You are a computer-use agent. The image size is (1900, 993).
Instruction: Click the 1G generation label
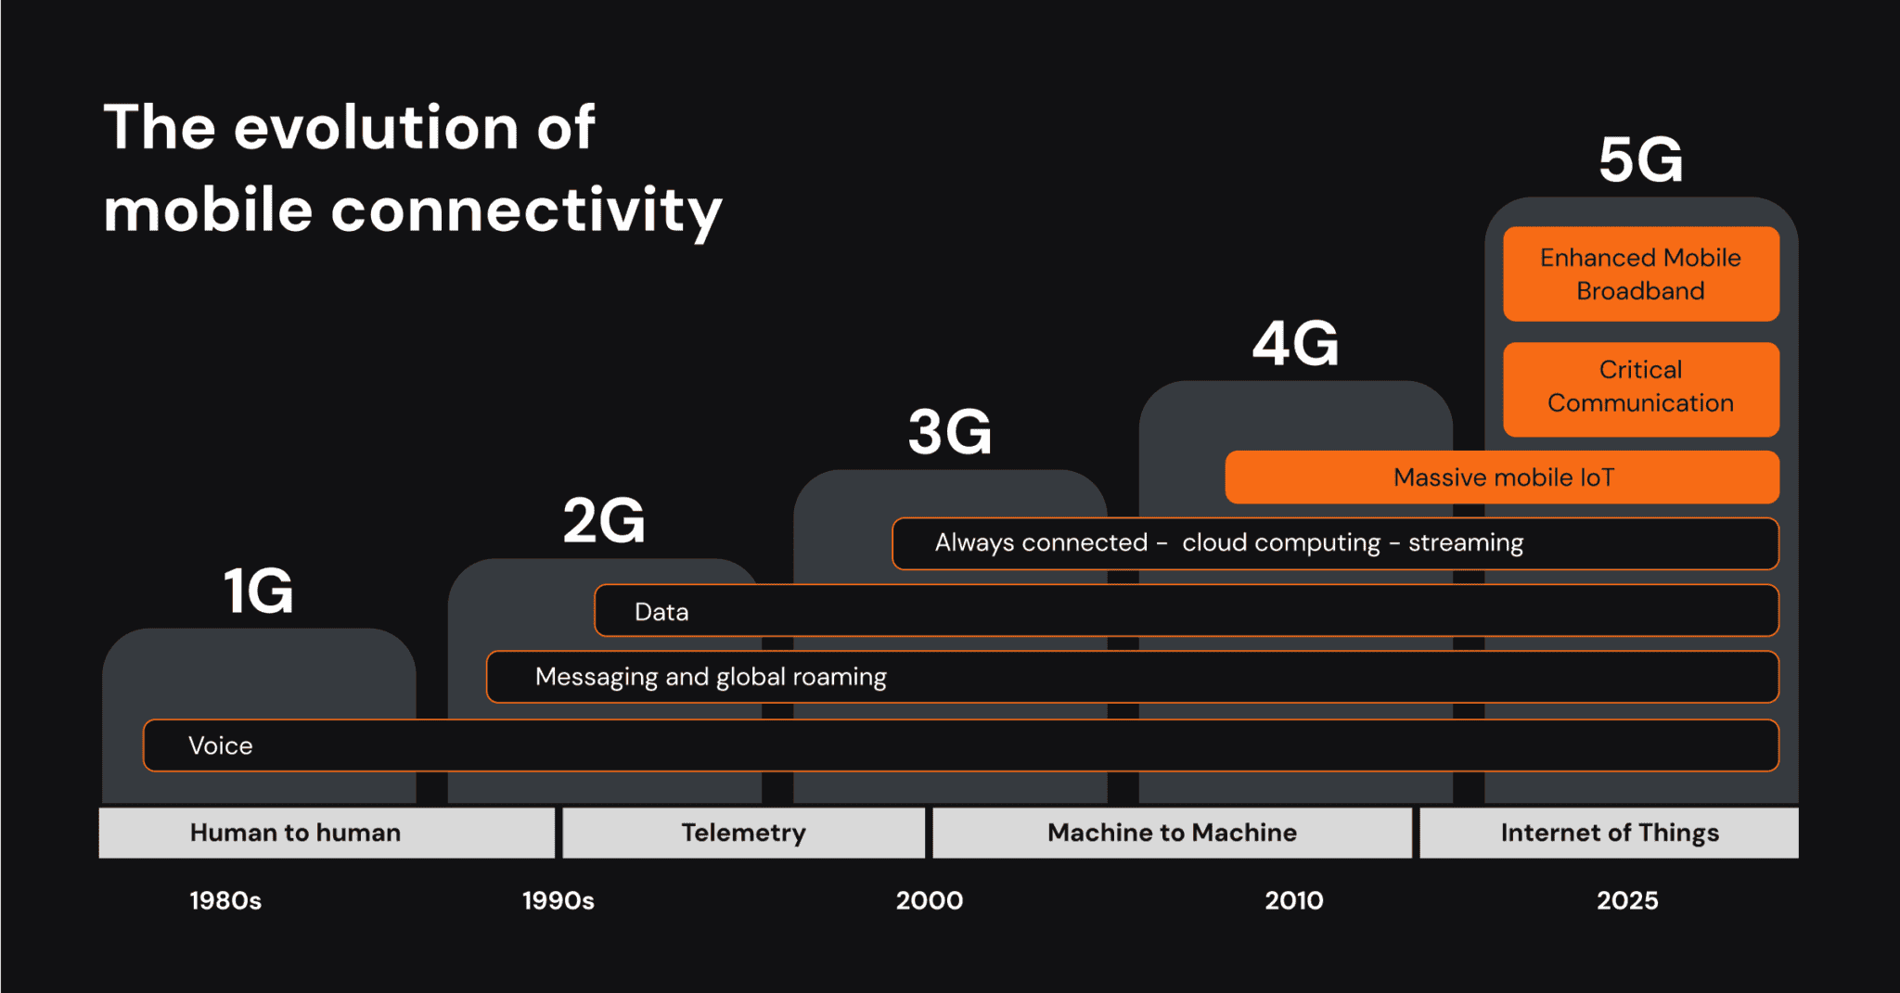point(259,591)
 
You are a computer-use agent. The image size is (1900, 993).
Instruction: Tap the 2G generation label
point(604,520)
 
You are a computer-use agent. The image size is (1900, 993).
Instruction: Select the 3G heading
point(950,432)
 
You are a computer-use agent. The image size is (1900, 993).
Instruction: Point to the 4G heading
point(1295,344)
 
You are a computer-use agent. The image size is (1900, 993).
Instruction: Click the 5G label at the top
point(1640,160)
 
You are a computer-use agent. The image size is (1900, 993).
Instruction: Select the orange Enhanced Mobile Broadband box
point(1640,274)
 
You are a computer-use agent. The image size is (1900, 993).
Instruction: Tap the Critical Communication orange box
point(1640,388)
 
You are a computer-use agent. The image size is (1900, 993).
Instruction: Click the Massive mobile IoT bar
point(1503,477)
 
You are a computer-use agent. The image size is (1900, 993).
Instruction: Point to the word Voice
point(220,745)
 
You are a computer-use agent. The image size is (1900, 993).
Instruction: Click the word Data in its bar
point(661,612)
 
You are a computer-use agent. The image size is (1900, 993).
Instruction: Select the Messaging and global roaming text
point(711,677)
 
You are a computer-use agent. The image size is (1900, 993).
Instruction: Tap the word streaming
point(1466,543)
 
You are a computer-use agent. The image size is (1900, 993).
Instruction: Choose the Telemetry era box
point(743,833)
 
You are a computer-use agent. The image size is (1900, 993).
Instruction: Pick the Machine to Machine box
point(1172,833)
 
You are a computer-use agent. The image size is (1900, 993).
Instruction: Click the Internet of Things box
point(1609,833)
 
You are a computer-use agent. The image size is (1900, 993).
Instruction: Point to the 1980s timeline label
point(225,900)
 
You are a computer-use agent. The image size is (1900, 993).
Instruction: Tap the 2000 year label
point(929,900)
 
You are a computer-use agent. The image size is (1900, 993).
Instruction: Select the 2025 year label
point(1627,900)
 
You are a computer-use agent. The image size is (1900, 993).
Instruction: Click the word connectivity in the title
point(526,210)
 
